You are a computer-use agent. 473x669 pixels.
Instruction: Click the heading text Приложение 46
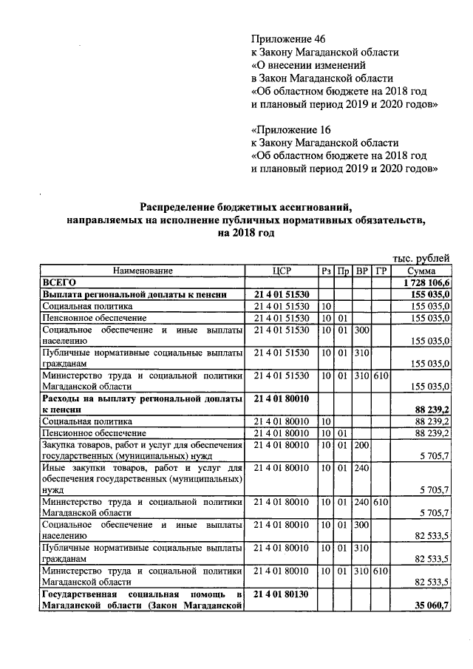pos(287,38)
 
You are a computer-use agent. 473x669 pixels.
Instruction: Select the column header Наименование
pos(143,271)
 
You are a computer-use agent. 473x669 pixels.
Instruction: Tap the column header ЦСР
pos(282,271)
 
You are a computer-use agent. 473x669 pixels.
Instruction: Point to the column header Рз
pos(327,271)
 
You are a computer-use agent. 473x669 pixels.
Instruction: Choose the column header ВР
pos(362,271)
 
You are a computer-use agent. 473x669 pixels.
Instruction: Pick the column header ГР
pos(381,271)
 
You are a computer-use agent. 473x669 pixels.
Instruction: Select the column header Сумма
pos(421,271)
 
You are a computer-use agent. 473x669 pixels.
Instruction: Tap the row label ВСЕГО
pos(59,282)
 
